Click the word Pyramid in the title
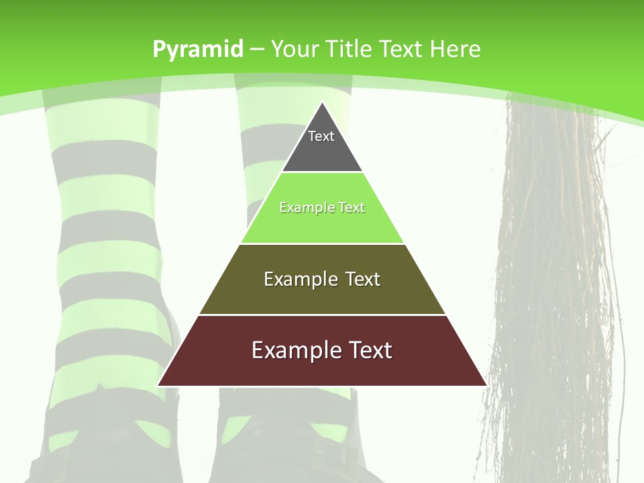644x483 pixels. [x=197, y=49]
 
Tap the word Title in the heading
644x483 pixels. [x=350, y=49]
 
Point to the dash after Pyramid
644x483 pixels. [x=256, y=50]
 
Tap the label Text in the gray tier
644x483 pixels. [x=321, y=136]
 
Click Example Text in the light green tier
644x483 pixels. [x=322, y=207]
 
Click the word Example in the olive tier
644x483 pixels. [x=298, y=279]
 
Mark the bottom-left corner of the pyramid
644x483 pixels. [x=158, y=385]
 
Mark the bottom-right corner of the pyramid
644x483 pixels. [x=486, y=385]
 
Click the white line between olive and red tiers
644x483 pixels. [x=322, y=315]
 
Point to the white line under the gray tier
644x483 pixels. [x=322, y=172]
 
